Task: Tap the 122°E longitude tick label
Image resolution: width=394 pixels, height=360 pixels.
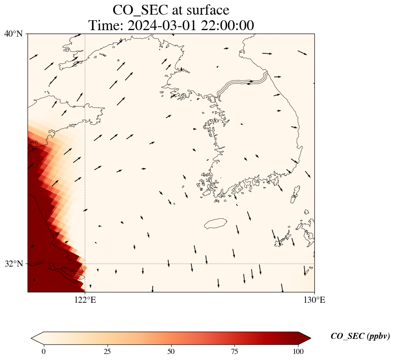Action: (x=85, y=300)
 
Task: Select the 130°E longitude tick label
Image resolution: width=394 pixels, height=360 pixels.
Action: (x=314, y=300)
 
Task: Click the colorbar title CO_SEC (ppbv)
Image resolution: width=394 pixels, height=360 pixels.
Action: (x=360, y=336)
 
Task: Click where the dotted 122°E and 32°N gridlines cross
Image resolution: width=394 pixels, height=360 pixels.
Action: (x=85, y=264)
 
